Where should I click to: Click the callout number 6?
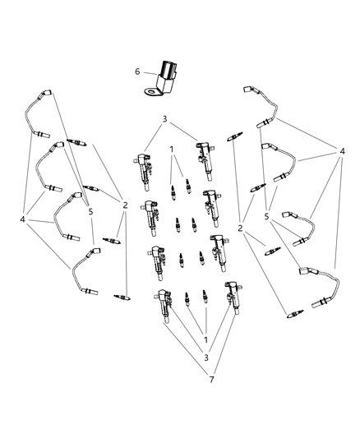137,71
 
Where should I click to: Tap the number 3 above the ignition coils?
165,120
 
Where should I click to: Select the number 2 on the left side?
126,205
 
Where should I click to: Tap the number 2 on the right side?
240,228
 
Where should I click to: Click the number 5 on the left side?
89,210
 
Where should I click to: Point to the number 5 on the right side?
267,216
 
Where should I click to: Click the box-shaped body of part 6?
168,71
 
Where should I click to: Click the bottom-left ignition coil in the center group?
161,308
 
